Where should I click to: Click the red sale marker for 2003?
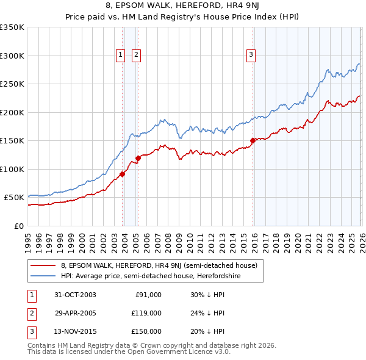click(123, 174)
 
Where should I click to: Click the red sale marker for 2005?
click(138, 158)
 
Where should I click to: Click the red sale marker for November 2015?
click(253, 141)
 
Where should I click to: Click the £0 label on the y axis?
click(18, 226)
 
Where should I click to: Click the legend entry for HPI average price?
click(151, 276)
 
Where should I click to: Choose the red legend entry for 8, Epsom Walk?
click(159, 265)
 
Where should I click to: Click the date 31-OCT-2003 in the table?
click(75, 295)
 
